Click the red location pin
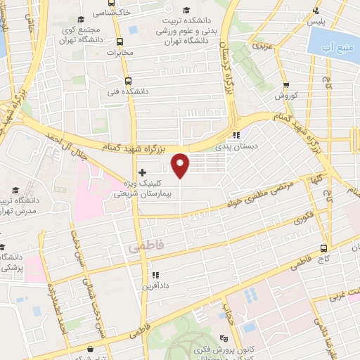(x=181, y=165)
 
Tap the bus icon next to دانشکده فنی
(x=127, y=80)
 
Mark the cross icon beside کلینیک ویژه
(x=142, y=172)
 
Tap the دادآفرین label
(x=155, y=287)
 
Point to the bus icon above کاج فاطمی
(x=324, y=247)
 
